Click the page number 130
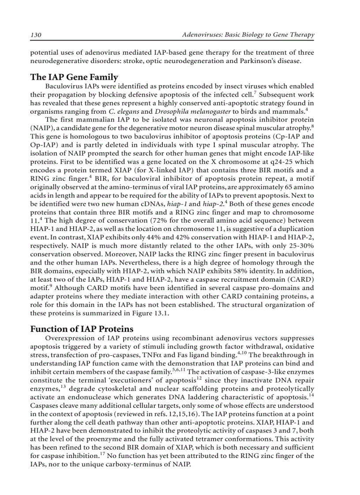tap(36, 35)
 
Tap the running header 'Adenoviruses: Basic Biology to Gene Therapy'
tap(248, 35)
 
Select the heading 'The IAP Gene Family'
tap(74, 77)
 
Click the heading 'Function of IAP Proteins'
tap(82, 329)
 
